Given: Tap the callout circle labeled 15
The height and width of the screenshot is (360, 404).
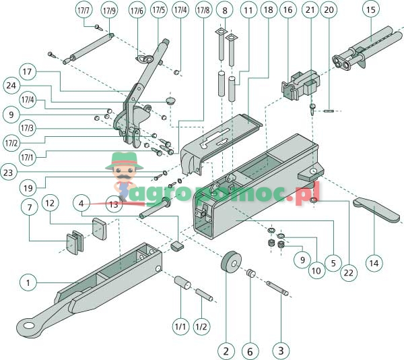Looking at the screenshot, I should point(370,10).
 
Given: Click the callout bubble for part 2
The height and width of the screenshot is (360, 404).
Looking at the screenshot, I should point(226,350).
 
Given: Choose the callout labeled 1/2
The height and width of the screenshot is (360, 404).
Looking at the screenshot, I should point(201,326).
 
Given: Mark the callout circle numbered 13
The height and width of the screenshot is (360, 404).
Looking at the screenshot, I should point(113,203).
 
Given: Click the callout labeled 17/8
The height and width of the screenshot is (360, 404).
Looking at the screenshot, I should point(203,11).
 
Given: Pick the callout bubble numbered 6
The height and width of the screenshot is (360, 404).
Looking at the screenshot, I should point(250,350).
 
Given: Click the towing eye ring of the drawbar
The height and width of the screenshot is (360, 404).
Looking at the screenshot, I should point(28,326).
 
